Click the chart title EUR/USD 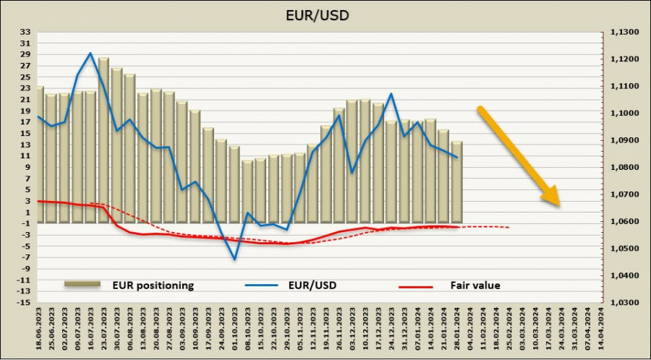click(325, 14)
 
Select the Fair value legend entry click(475, 286)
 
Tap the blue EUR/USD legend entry click(311, 286)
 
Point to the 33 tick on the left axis click(25, 33)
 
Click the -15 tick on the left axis click(24, 302)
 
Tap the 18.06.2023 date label click(41, 329)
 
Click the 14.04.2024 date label click(600, 329)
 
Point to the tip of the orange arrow click(558, 205)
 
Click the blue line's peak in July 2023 click(90, 53)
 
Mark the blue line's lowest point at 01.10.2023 click(234, 259)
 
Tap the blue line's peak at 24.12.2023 click(391, 94)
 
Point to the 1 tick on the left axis click(27, 213)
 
